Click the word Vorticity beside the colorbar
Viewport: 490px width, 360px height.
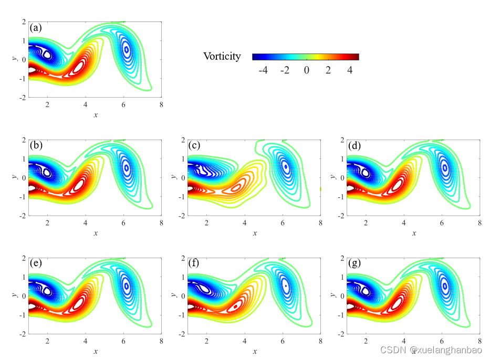[x=222, y=57]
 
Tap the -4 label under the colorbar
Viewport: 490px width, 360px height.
[x=264, y=70]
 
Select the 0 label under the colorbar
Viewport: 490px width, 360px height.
[x=306, y=70]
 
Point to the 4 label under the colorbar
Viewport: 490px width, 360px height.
[x=350, y=70]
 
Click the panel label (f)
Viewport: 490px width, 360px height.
[x=195, y=263]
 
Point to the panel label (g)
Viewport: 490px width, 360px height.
[x=355, y=263]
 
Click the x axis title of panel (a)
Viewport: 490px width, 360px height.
[x=95, y=114]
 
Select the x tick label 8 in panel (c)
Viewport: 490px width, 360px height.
[x=320, y=223]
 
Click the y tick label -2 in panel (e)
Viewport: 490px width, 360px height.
[x=23, y=334]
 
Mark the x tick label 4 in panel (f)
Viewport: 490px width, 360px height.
[x=245, y=341]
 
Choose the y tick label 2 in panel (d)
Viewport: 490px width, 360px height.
[x=342, y=140]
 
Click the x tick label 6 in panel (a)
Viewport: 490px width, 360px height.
[x=123, y=104]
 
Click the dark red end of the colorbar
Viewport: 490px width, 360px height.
[x=356, y=57]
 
